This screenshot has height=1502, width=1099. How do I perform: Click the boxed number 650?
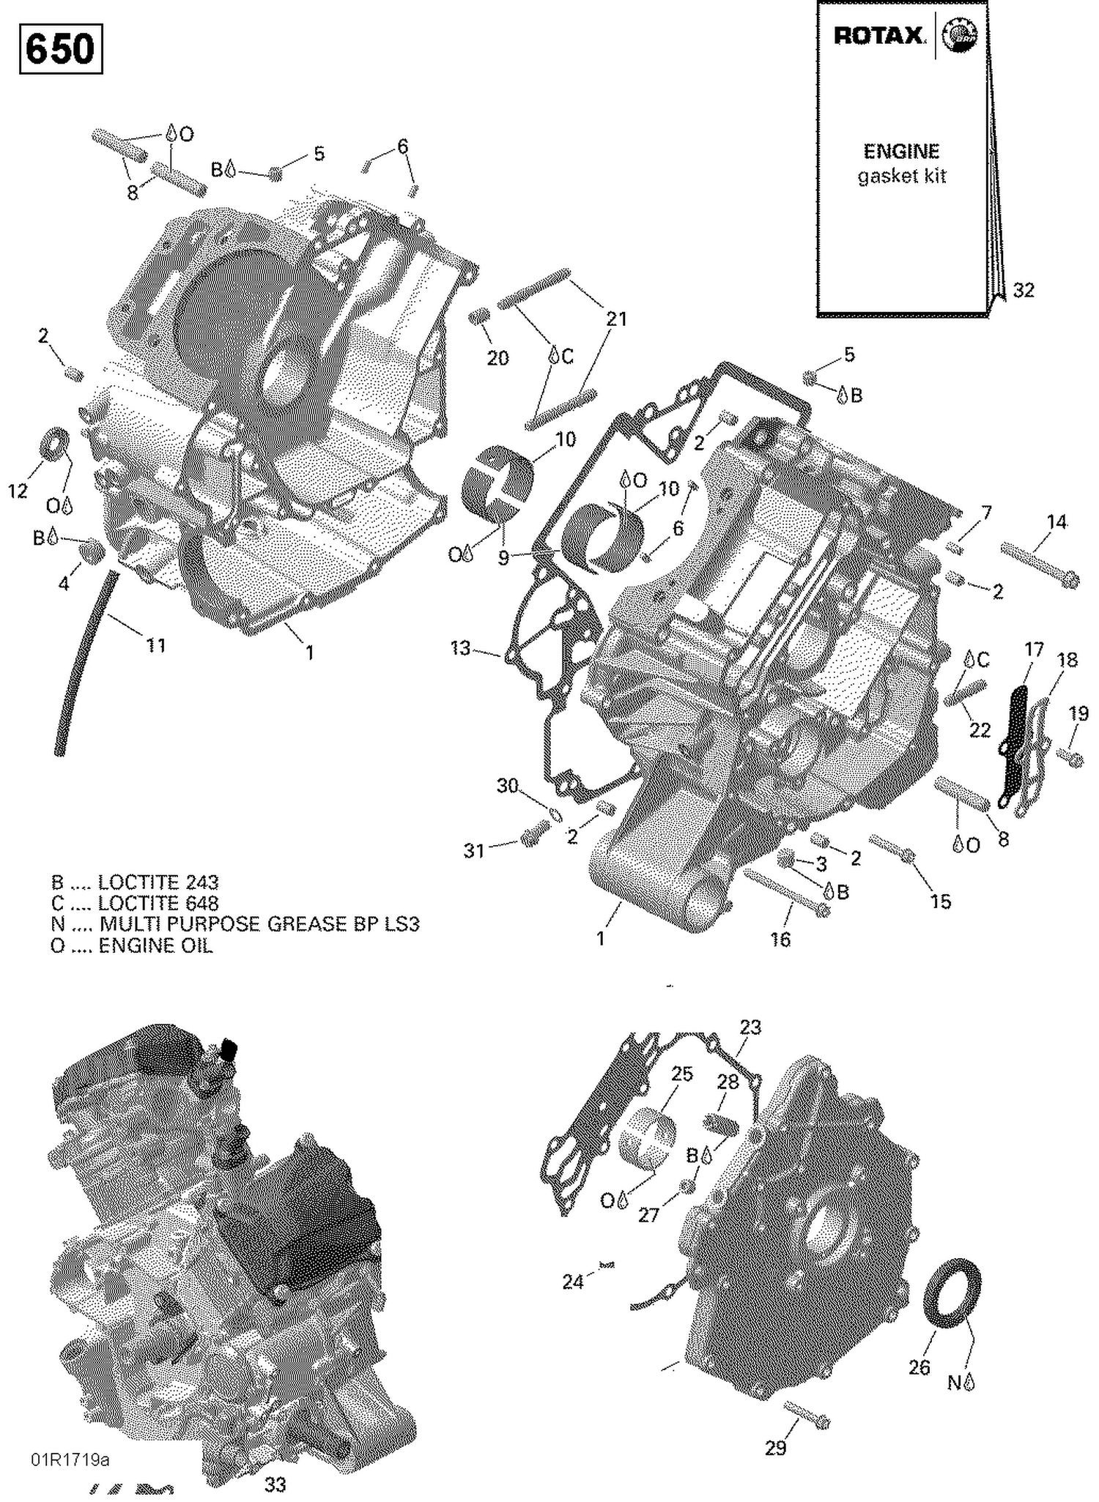(60, 49)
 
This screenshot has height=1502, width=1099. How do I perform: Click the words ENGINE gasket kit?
(902, 163)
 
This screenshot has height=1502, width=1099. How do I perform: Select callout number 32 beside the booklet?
(1024, 291)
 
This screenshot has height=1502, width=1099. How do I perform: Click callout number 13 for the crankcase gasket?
(460, 648)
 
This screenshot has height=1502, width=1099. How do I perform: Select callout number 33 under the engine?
(275, 1484)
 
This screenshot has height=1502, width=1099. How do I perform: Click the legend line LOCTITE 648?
(136, 903)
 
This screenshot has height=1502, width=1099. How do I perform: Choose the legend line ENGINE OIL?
(132, 945)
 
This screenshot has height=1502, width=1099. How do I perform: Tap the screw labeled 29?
(807, 1413)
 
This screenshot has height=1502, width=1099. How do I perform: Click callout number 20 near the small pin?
(498, 358)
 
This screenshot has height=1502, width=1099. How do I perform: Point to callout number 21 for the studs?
(616, 319)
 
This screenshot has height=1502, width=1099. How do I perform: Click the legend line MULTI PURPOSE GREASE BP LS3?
(234, 924)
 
